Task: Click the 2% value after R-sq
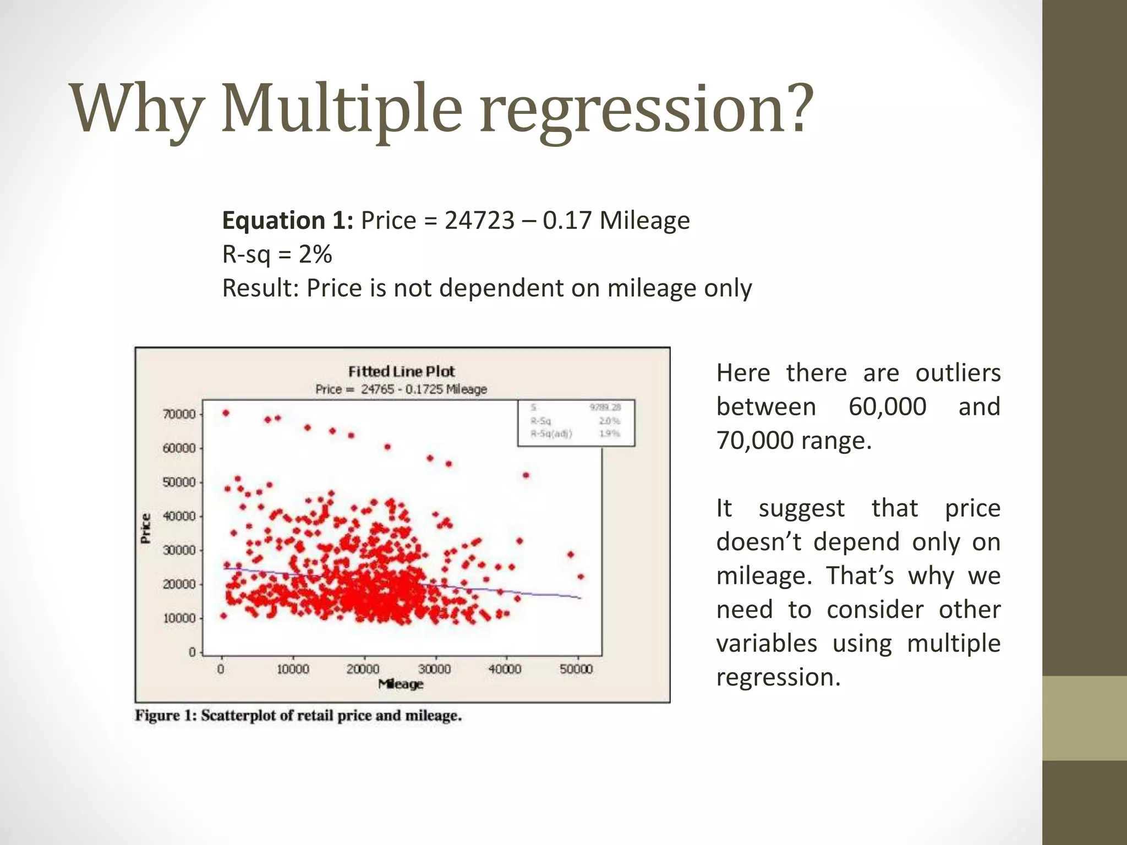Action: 315,255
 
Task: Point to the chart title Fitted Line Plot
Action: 401,371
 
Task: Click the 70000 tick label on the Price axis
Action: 179,414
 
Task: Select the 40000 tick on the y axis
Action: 179,516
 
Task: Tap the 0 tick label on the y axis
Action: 192,652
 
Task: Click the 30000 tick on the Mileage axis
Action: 434,669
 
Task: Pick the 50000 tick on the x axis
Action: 576,669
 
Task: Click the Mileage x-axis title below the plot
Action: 401,684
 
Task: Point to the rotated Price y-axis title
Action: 146,528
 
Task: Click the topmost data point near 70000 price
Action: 226,413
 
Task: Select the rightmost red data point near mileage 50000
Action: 581,577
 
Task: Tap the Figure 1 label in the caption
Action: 166,716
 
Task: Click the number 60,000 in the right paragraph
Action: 887,407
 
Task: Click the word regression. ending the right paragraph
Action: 778,677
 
